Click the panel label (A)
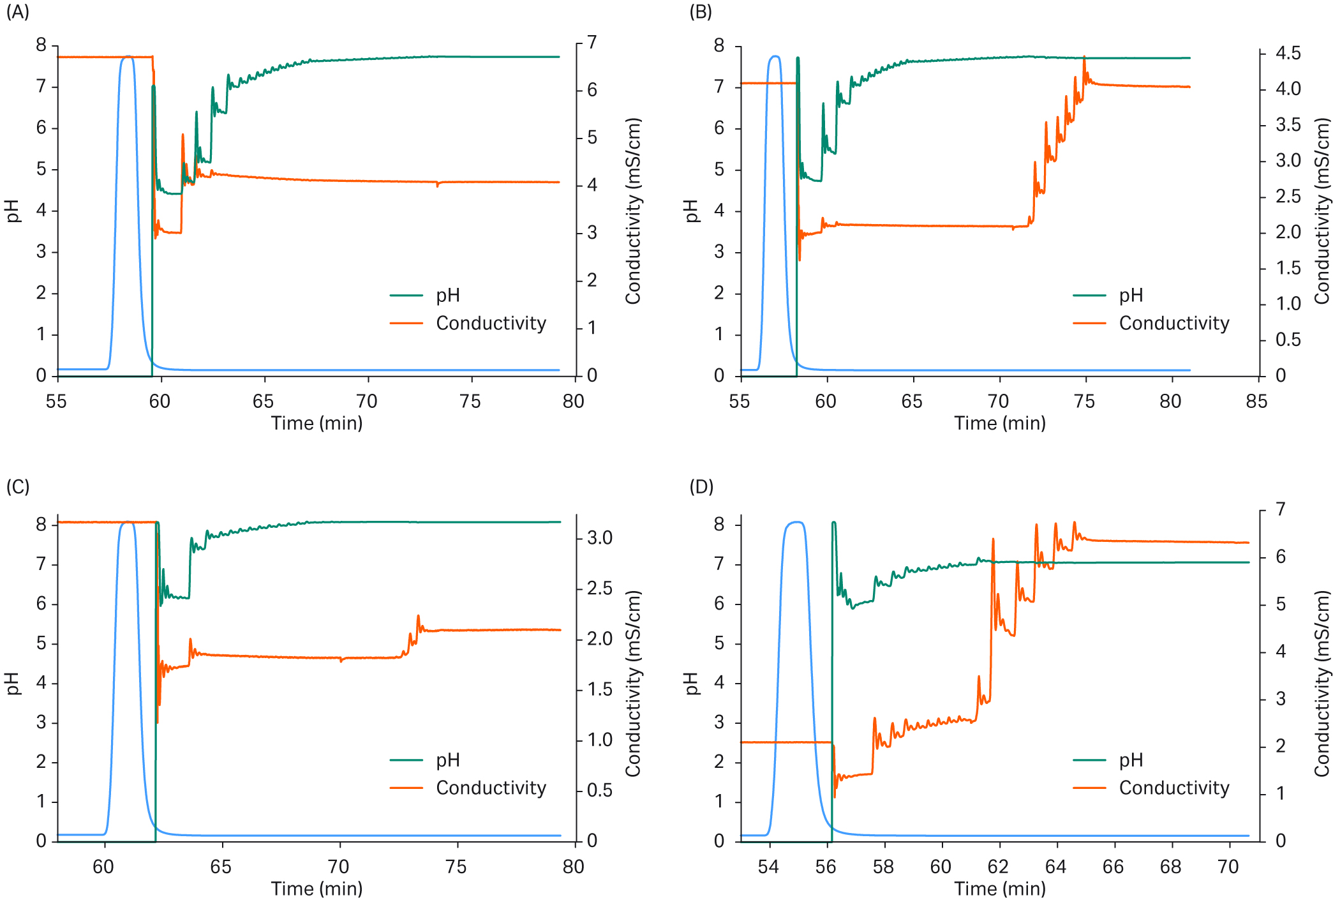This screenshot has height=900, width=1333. (x=17, y=12)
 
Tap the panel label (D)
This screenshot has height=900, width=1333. (x=701, y=487)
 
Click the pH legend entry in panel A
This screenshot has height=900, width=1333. (x=447, y=296)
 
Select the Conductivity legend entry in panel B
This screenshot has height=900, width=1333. (x=1173, y=324)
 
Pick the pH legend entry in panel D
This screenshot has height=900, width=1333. (x=1131, y=760)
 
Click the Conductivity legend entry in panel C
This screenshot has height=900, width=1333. (x=491, y=788)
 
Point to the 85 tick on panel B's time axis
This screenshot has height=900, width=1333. (x=1256, y=401)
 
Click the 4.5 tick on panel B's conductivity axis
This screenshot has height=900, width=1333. (x=1288, y=54)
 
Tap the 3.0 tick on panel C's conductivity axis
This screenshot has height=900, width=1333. (x=599, y=538)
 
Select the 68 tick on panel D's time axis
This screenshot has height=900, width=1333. (x=1170, y=867)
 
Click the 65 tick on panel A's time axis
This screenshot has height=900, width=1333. (x=263, y=401)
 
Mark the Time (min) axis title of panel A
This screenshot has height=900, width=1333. (x=316, y=423)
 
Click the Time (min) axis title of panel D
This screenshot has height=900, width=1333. (x=999, y=889)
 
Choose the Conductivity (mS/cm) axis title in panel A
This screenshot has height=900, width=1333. (x=632, y=211)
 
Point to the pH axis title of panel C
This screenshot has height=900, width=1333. (x=12, y=683)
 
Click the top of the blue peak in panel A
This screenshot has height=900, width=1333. (x=128, y=57)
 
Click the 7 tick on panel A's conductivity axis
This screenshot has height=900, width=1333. (x=592, y=43)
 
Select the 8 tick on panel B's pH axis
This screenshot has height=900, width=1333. (x=719, y=45)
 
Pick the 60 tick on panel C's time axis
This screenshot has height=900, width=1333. (x=103, y=867)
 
